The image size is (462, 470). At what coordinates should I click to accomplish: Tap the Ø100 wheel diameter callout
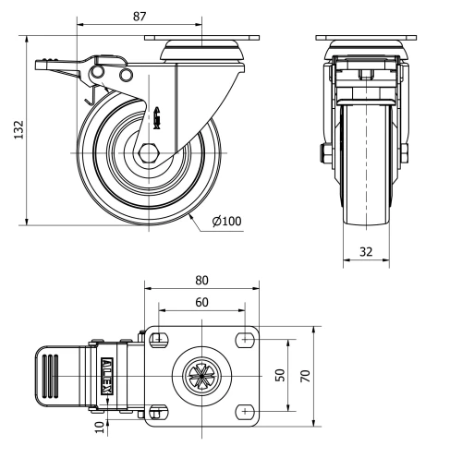tap(227, 223)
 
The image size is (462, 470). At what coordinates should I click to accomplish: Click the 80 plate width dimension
tap(201, 281)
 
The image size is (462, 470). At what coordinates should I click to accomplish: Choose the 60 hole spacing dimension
tap(201, 302)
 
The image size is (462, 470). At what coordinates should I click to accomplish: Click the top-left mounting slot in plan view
tap(157, 339)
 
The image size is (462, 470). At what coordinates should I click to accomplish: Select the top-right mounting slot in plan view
tap(246, 339)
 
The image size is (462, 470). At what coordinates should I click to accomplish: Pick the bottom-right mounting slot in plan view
tap(246, 410)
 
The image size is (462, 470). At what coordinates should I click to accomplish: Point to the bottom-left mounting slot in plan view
tap(157, 410)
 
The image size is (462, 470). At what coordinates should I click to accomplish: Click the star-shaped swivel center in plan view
tap(201, 375)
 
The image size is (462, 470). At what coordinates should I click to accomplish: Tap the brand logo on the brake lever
tap(107, 375)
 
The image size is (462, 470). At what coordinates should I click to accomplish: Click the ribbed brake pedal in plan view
tap(57, 375)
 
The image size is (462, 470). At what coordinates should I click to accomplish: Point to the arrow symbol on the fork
tap(157, 115)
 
